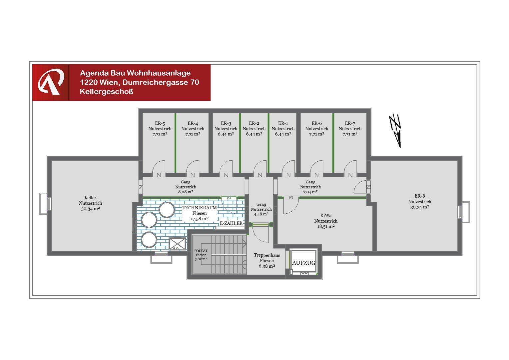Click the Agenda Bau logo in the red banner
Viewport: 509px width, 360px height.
coord(51,82)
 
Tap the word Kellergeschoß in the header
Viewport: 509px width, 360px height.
coord(106,92)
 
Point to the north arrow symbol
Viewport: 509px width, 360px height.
coord(395,131)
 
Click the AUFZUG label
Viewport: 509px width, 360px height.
coord(303,263)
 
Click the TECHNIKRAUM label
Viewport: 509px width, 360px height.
coord(200,208)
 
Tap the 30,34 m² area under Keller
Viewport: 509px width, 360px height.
coord(90,209)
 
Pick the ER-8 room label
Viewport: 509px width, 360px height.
coord(419,196)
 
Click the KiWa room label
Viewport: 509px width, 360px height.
coord(326,215)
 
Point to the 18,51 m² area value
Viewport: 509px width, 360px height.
coord(326,227)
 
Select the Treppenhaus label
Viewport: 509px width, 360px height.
coord(267,255)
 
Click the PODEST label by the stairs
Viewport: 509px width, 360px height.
coord(201,251)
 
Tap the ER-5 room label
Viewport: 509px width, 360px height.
coord(160,123)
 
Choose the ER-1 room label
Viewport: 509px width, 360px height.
coord(283,123)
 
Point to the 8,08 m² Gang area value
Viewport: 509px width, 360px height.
coord(186,192)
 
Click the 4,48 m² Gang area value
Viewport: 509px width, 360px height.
coord(261,214)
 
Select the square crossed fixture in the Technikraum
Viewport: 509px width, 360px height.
coord(177,244)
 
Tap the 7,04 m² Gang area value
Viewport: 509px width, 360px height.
coord(310,192)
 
